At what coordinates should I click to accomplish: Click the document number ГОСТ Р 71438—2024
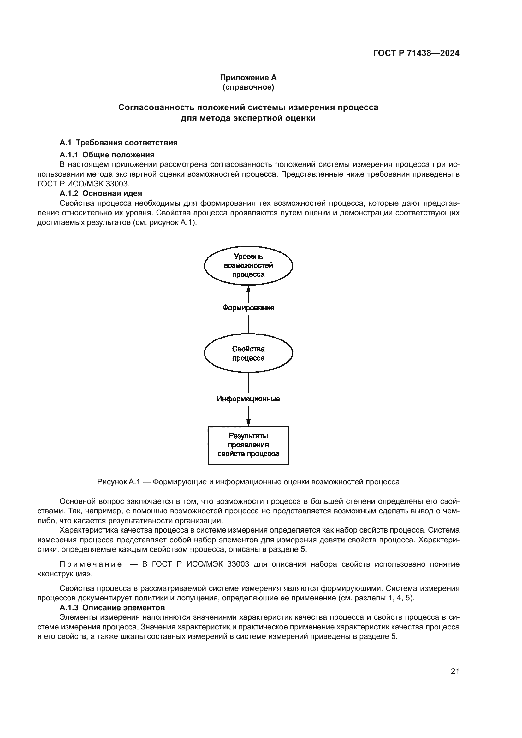click(x=416, y=53)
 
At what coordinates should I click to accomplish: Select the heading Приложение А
click(x=248, y=78)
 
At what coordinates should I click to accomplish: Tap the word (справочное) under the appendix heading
click(x=248, y=87)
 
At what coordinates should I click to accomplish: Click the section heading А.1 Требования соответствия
click(x=119, y=142)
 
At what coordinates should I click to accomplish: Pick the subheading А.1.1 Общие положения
click(x=107, y=155)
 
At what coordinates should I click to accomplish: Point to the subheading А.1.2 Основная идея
click(x=101, y=193)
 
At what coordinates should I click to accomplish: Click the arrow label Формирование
click(x=248, y=308)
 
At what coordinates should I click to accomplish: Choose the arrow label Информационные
click(x=248, y=399)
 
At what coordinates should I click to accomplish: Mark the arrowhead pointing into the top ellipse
click(x=248, y=289)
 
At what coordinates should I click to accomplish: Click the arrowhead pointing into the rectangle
click(x=248, y=422)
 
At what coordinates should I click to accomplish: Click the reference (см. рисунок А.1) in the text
click(x=163, y=222)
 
